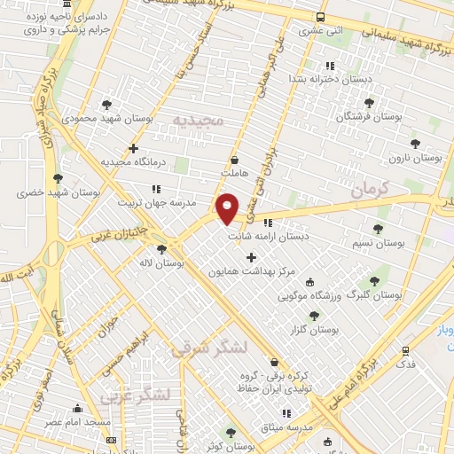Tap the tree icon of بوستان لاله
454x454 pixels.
pos(160,249)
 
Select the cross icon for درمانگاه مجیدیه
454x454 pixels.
pos(134,148)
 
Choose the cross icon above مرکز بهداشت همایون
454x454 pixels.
pos(251,257)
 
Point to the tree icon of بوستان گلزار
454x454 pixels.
pos(313,315)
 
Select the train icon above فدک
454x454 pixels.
pos(405,351)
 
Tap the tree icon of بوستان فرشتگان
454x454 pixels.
pos(369,103)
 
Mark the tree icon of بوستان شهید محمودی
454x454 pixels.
pos(106,105)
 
